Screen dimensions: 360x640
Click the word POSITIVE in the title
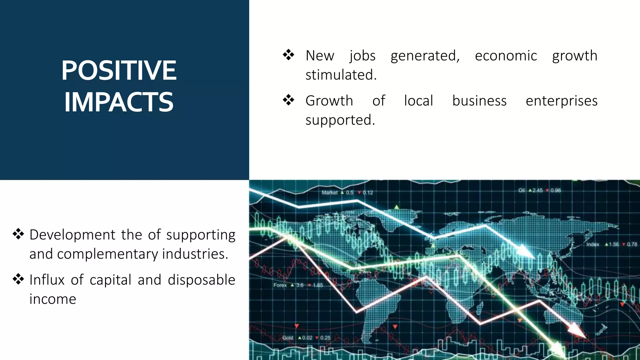point(119,71)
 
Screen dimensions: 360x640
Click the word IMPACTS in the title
point(119,102)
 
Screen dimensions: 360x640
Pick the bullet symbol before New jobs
point(288,55)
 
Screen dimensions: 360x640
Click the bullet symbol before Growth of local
point(288,100)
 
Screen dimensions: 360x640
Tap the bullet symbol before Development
point(18,234)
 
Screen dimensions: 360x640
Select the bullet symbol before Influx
point(18,279)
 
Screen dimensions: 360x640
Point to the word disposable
point(201,280)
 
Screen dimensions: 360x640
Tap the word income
point(53,299)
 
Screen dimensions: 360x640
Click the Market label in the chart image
point(330,193)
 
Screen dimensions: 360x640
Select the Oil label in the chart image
point(522,190)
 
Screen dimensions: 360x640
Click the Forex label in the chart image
point(280,285)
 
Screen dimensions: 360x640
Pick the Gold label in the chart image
point(288,338)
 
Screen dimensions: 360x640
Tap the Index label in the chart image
point(593,244)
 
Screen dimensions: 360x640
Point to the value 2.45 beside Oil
point(537,190)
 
